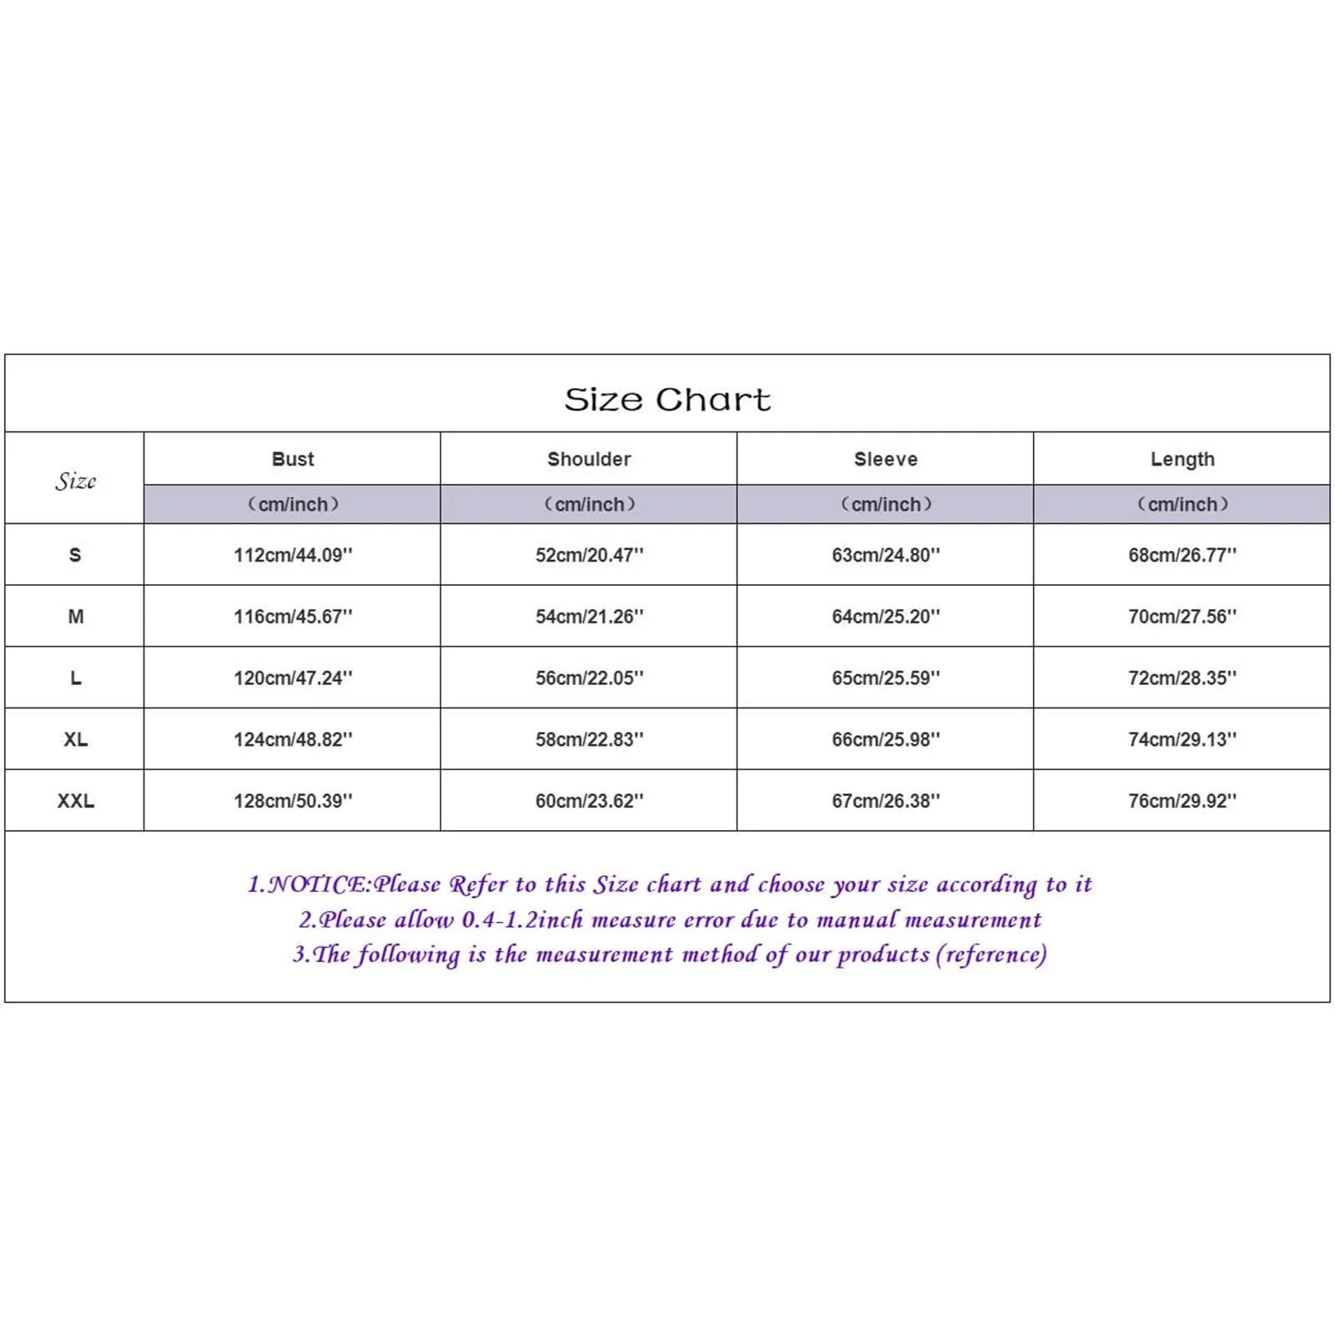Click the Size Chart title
coord(667,400)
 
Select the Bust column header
coord(293,459)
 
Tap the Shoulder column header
coord(589,459)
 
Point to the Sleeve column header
coord(885,459)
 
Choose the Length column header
coord(1182,459)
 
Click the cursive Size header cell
coord(75,481)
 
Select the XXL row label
coord(75,801)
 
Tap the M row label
coord(75,617)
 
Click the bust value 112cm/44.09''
coord(293,555)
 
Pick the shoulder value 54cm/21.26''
coord(589,617)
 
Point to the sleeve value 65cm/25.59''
coord(885,678)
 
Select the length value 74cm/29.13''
coord(1182,739)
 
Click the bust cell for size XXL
coord(293,801)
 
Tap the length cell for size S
coord(1182,555)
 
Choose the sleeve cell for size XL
coord(885,739)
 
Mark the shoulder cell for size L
coord(589,678)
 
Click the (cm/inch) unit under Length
coord(1182,504)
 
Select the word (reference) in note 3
coord(991,955)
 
